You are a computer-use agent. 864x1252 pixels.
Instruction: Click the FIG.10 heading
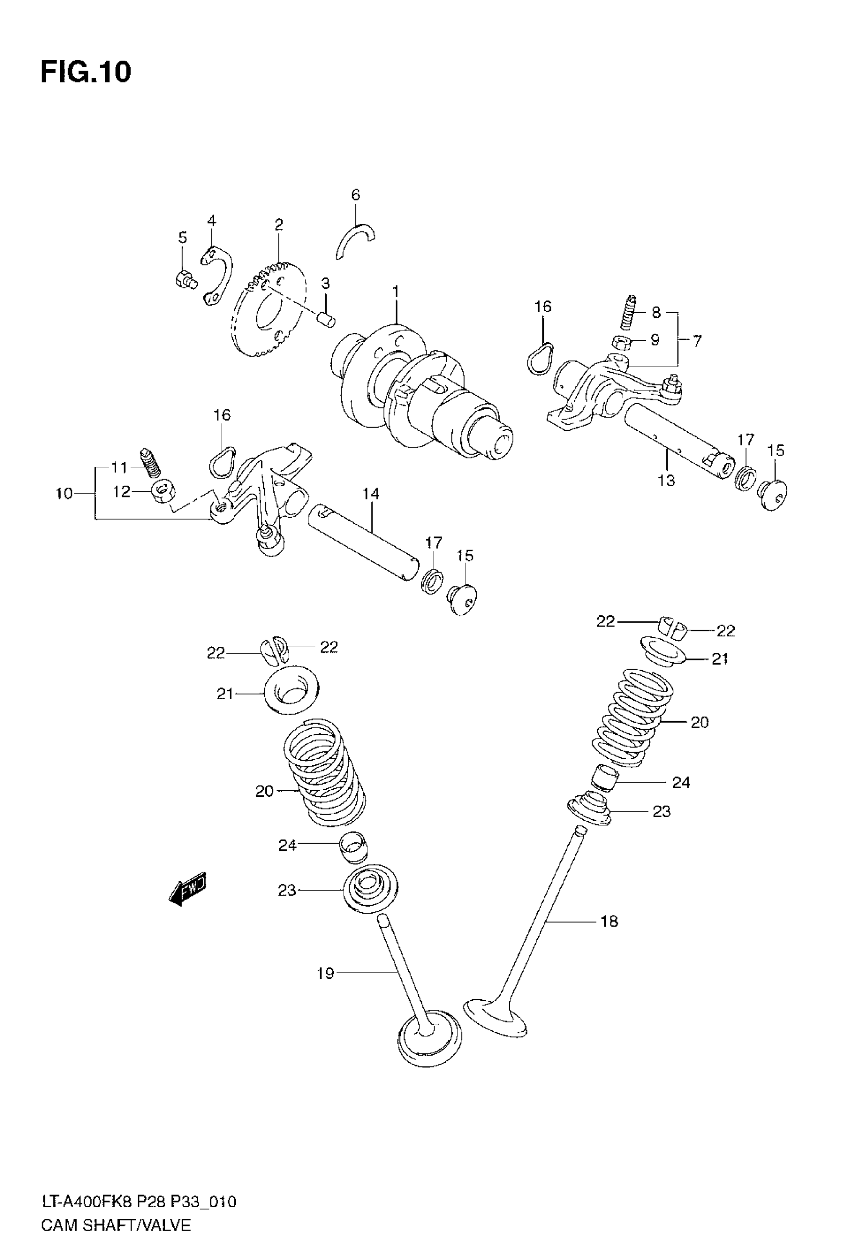coord(85,72)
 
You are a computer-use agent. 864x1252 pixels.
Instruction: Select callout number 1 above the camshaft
coord(396,292)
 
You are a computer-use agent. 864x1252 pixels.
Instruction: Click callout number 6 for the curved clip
coord(355,195)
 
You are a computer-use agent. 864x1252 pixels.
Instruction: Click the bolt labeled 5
coord(185,279)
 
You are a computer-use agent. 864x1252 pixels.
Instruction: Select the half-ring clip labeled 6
coord(355,239)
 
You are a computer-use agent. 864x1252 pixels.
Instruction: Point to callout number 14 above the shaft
coord(371,493)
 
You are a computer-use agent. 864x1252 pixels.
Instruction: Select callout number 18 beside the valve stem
coord(609,920)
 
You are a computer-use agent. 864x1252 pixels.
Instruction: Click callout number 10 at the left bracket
coord(64,493)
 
